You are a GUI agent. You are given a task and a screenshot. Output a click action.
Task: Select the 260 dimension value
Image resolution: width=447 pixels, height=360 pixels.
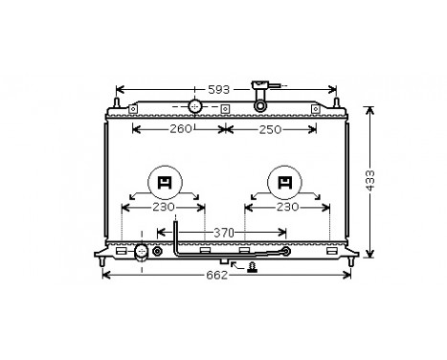(x=179, y=129)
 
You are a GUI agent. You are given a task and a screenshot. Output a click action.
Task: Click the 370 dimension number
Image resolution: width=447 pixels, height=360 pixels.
(x=224, y=232)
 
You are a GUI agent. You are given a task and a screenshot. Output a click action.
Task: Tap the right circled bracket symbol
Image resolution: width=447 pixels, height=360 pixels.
(x=285, y=181)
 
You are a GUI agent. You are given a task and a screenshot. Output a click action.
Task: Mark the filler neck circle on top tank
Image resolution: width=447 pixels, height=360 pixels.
(x=195, y=105)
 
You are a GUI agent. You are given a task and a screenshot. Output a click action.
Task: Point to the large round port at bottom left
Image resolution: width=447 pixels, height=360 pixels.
(x=142, y=252)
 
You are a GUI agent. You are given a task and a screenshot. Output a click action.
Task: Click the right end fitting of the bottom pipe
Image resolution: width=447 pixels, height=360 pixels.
(x=285, y=253)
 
